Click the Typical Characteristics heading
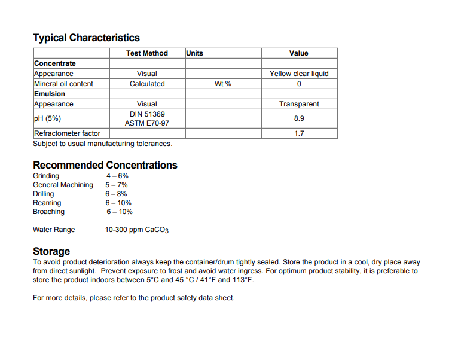86,38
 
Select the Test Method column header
147,53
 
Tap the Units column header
195,53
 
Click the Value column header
298,53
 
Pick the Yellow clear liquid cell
299,74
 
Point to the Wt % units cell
223,84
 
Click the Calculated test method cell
147,84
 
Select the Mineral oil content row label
63,84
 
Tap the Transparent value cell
299,104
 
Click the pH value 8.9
299,118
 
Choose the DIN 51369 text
147,114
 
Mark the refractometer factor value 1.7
299,133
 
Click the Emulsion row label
50,94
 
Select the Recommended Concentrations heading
105,165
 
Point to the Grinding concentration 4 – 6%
117,176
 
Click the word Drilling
43,194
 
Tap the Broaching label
48,212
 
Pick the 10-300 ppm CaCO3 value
137,230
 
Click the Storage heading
51,251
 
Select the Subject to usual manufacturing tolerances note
102,144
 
